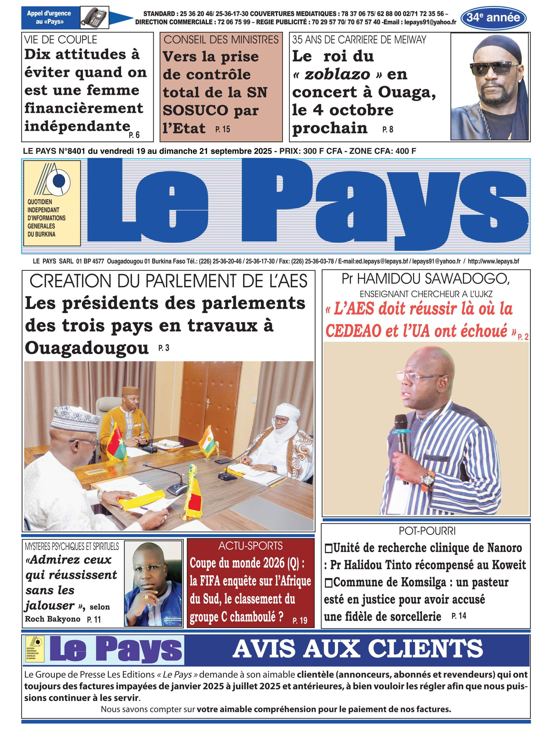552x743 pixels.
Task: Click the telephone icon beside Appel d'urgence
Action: (95, 17)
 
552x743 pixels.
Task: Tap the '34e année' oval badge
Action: (493, 18)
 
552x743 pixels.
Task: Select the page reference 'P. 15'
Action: (223, 129)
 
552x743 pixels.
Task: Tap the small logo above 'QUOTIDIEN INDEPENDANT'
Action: (53, 179)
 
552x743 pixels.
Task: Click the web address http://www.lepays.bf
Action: (493, 261)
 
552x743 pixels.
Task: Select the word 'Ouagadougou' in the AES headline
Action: (86, 348)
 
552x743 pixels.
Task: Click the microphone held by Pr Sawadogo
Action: (402, 434)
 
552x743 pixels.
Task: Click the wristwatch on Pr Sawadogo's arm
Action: (427, 480)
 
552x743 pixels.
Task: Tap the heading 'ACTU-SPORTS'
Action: (250, 546)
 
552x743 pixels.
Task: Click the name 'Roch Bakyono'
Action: (53, 619)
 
